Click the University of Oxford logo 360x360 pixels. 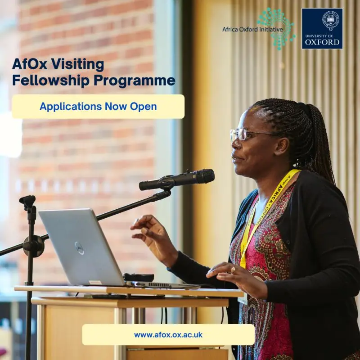point(322,28)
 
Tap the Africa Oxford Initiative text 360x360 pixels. point(252,30)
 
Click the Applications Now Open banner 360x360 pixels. point(98,107)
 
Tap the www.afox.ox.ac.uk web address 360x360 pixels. point(168,335)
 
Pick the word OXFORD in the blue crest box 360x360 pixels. point(322,42)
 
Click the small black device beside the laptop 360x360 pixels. point(139,278)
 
